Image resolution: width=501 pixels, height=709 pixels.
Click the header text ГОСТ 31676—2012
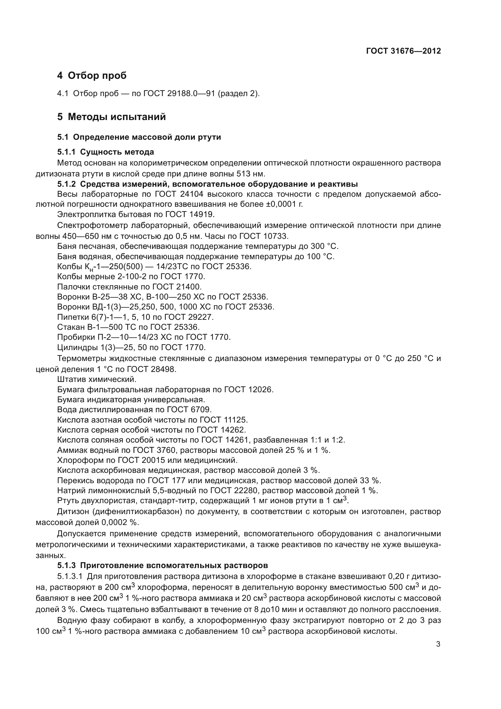[x=403, y=51]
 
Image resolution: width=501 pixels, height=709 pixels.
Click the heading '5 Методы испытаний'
[x=111, y=117]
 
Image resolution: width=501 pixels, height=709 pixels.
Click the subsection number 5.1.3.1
[x=69, y=577]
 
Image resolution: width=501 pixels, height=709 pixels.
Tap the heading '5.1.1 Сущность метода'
[x=105, y=152]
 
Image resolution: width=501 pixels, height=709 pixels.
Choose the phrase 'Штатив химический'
[x=97, y=379]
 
